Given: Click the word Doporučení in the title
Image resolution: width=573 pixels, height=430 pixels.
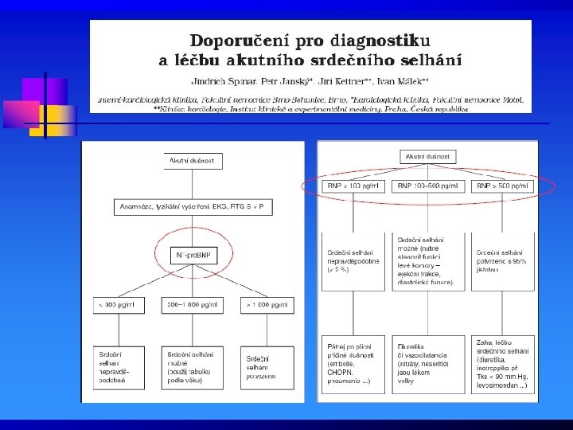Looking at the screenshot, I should click(x=232, y=39).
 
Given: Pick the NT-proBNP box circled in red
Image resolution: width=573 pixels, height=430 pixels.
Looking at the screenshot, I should click(x=193, y=256).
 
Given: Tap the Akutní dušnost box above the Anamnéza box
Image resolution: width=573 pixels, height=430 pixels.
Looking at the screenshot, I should click(x=193, y=161).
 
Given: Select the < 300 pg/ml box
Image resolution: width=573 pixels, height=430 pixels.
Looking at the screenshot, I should click(x=119, y=305).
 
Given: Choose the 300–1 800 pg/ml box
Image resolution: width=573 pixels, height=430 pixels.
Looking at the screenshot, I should click(x=193, y=305).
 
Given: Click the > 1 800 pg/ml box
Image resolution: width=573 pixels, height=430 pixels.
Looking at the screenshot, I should click(x=267, y=305).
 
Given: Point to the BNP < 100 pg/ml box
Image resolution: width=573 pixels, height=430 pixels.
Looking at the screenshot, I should click(x=353, y=186).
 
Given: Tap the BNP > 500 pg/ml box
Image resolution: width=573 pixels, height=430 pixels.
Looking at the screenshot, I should click(x=502, y=186).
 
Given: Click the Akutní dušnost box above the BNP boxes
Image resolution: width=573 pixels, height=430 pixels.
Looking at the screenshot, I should click(x=427, y=157).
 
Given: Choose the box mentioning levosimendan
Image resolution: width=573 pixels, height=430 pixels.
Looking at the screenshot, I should click(x=502, y=365).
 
